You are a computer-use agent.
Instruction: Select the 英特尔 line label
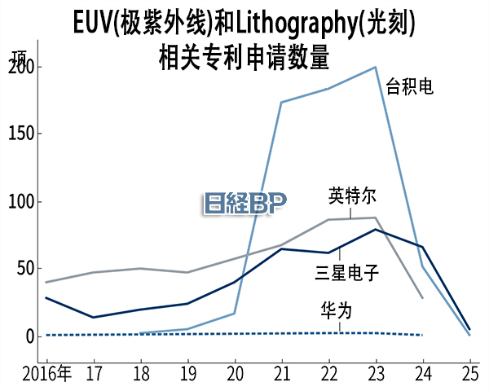[x=352, y=196]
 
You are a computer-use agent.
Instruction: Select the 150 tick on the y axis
[x=22, y=134]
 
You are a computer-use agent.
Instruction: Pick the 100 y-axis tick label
[x=22, y=201]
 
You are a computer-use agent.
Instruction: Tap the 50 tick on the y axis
[x=26, y=268]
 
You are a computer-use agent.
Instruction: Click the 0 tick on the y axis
[x=30, y=336]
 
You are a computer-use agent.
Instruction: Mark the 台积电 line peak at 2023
[x=376, y=67]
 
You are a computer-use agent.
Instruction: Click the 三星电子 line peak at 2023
[x=376, y=229]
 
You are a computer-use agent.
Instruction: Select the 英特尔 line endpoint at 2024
[x=423, y=298]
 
